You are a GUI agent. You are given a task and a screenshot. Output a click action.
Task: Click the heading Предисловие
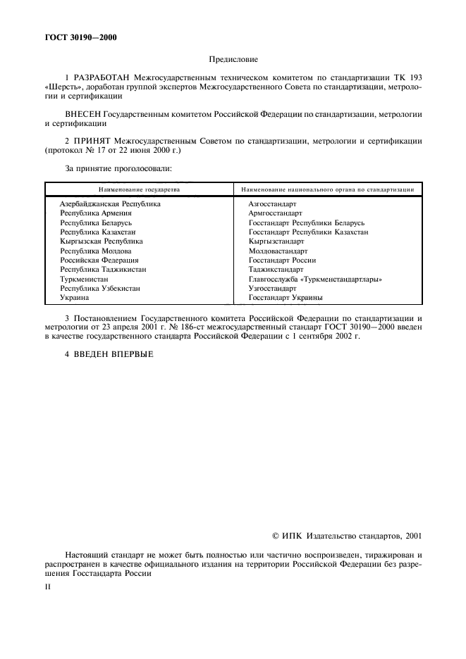point(233,61)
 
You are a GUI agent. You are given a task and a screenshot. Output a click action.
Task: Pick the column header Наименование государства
point(139,189)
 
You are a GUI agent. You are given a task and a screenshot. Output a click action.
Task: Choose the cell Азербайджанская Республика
point(110,203)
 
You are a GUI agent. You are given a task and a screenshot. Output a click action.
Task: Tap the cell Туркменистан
point(84,279)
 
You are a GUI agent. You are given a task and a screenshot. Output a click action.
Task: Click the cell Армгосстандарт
point(275,213)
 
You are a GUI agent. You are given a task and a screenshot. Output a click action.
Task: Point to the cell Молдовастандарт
point(279,251)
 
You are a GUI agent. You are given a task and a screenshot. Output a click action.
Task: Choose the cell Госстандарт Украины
point(286,298)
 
